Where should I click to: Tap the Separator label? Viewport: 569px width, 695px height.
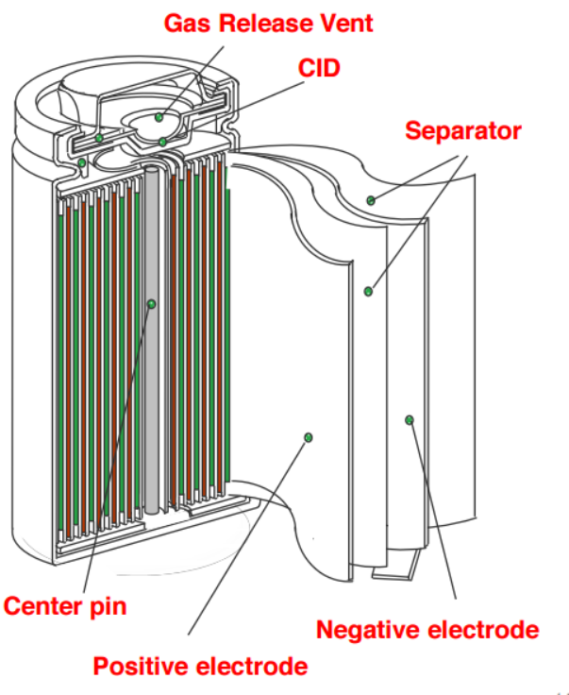pos(462,130)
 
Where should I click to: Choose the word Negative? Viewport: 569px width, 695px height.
pos(368,629)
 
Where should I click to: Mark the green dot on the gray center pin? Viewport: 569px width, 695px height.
pos(151,304)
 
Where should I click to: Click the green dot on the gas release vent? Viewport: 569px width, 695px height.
pos(159,118)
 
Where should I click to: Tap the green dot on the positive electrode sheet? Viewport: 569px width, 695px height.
pos(308,436)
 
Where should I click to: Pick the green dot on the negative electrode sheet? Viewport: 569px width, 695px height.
pos(409,419)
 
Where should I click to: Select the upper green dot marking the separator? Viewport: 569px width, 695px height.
pos(371,200)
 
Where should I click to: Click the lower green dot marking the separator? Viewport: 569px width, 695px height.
pos(368,291)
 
